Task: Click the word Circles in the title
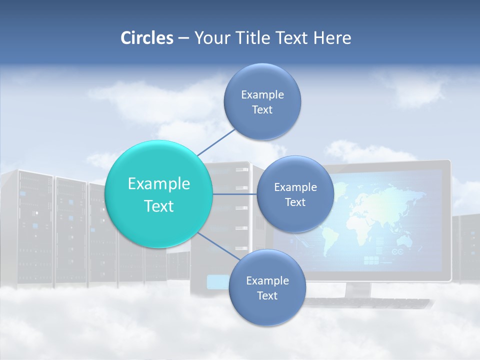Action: coord(147,38)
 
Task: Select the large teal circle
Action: coord(159,194)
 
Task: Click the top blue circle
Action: coord(262,101)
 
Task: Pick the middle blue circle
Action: coord(295,194)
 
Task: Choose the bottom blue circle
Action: coord(267,287)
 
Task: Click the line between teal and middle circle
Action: coord(234,194)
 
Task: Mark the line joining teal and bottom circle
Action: coord(219,246)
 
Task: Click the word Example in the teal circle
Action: coord(159,184)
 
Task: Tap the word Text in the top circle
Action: coord(262,110)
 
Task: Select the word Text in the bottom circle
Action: coord(267,296)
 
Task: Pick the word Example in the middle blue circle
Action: coord(295,187)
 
